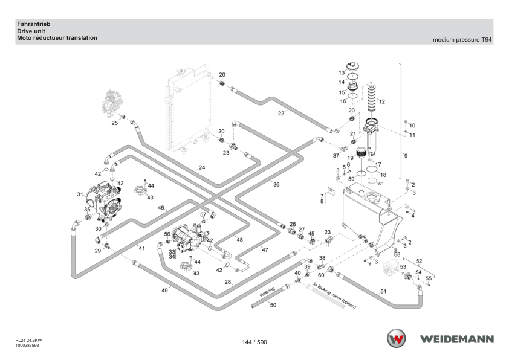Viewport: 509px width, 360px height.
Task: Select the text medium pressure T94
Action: (462, 40)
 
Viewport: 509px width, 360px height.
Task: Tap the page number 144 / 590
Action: (254, 342)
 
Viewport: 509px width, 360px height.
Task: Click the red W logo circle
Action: (396, 338)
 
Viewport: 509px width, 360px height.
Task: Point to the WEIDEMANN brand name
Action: (457, 339)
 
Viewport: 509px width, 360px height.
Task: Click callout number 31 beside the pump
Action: (80, 194)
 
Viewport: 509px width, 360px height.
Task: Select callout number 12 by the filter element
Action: (382, 101)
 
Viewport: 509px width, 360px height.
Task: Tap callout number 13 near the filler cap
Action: (342, 72)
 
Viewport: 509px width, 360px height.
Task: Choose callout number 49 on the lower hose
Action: (164, 291)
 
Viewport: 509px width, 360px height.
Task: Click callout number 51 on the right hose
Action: (383, 291)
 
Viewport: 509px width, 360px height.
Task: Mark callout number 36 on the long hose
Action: (276, 185)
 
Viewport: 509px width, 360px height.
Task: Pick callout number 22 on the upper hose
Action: (280, 113)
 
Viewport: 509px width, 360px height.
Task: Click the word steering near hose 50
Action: (267, 292)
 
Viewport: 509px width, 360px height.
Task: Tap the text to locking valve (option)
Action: (335, 295)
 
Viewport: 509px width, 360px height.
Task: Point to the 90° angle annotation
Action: (380, 184)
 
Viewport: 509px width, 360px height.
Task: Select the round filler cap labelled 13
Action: (352, 66)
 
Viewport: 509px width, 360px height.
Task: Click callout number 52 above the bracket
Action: (419, 261)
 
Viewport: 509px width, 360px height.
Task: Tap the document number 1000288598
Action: (27, 346)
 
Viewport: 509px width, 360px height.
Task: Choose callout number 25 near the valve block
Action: (115, 123)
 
